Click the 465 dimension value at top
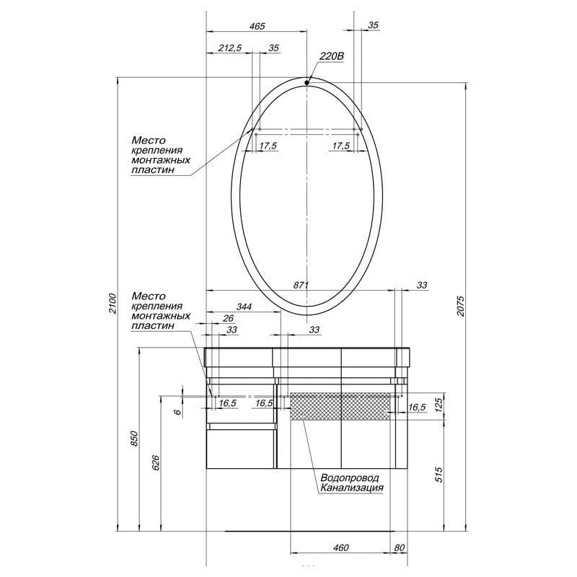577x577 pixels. (257, 26)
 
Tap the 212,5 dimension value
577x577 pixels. (230, 48)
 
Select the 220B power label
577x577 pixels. (332, 56)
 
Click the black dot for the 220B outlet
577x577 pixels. (307, 83)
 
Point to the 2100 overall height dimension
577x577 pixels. (113, 304)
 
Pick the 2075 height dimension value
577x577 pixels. (461, 305)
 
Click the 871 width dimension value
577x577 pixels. (301, 285)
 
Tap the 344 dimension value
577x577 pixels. (244, 307)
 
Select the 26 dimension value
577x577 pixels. (228, 318)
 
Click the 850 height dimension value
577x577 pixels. (134, 439)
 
